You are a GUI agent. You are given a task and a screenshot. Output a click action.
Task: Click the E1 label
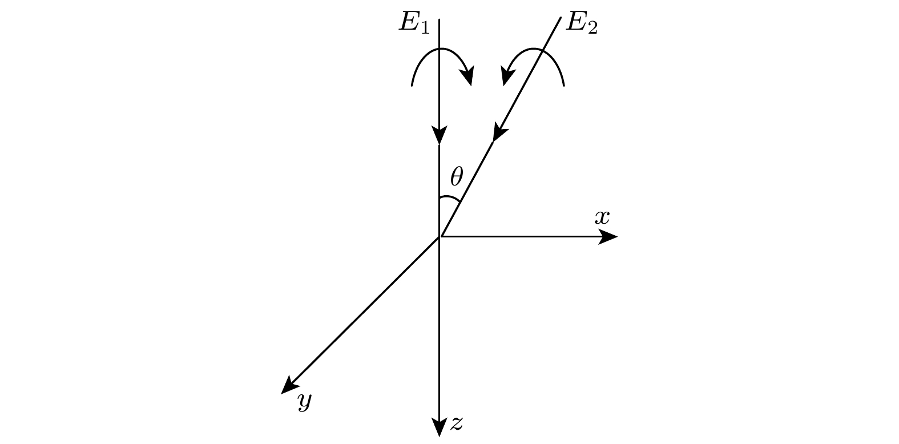(414, 23)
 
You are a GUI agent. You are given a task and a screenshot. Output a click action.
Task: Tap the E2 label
(582, 23)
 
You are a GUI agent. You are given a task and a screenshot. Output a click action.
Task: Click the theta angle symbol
(457, 177)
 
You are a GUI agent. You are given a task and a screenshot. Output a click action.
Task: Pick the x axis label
(602, 217)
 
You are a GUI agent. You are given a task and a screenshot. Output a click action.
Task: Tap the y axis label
(305, 401)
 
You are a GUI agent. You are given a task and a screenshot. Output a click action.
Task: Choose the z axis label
(457, 423)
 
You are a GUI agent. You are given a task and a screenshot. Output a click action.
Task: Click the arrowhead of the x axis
(609, 237)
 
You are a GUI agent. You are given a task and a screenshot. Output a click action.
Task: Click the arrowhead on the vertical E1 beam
(440, 135)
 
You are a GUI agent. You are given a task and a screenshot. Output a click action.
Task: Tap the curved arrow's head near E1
(468, 76)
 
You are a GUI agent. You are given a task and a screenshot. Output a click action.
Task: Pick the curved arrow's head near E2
(507, 76)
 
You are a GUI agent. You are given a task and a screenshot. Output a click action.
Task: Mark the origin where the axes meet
(440, 236)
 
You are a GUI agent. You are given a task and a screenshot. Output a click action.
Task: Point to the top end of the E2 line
(561, 18)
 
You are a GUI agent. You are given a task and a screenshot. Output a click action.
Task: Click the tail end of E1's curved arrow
(412, 85)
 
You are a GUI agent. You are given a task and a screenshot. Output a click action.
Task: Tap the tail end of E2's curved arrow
(564, 85)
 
